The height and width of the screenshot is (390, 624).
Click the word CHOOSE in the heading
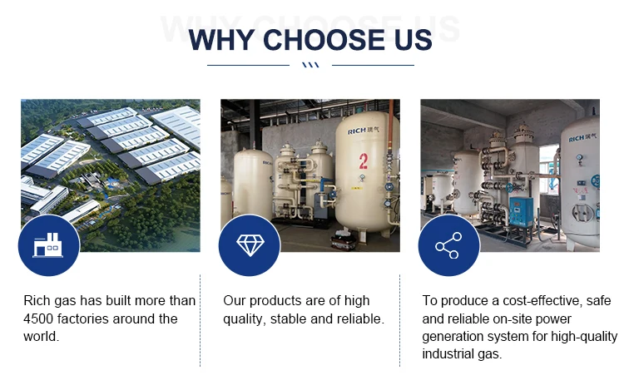[x=324, y=40]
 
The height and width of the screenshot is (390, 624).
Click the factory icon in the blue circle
[x=48, y=245]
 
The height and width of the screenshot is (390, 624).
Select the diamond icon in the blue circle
[x=250, y=245]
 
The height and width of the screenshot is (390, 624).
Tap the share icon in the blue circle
[x=448, y=245]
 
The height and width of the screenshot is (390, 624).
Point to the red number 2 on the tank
[x=364, y=161]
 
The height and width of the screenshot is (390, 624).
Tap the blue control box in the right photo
[x=521, y=211]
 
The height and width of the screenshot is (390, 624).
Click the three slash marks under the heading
[x=311, y=65]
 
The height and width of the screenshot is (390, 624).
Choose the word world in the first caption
[x=40, y=336]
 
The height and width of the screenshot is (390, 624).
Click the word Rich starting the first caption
[x=37, y=300]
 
